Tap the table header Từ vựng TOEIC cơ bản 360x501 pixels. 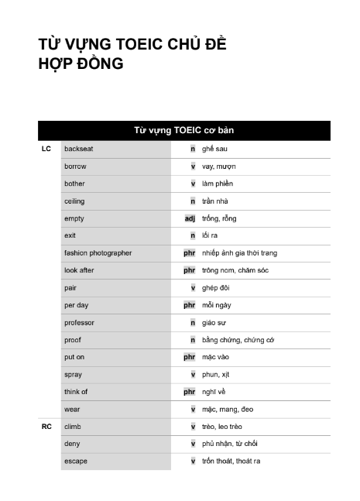[184, 130]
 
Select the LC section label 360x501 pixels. [46, 149]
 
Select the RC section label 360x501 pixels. [46, 427]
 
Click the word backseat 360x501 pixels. [78, 149]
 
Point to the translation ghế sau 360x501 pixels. [214, 149]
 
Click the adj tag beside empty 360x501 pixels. [190, 218]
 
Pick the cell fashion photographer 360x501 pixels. [98, 253]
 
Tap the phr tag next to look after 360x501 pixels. [189, 270]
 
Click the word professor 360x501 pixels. [79, 323]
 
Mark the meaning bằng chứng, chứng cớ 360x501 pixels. [238, 340]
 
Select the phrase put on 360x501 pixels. [75, 357]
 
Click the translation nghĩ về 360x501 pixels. [214, 392]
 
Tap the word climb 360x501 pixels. [73, 427]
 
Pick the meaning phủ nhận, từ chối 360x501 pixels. [229, 444]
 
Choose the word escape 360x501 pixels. [76, 462]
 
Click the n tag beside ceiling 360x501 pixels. [192, 201]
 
